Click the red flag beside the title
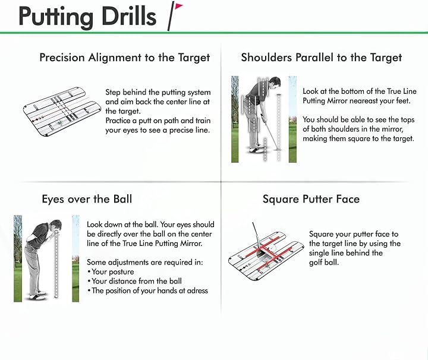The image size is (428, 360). tap(179, 6)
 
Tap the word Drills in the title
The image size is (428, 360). tap(128, 17)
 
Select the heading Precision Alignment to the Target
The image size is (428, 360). tap(124, 58)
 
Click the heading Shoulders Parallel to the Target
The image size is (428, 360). tap(321, 58)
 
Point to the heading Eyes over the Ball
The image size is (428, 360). tap(87, 199)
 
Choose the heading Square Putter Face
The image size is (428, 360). tap(311, 199)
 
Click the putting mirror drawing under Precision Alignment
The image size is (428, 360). tap(62, 111)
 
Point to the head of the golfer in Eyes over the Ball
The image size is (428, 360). tap(56, 226)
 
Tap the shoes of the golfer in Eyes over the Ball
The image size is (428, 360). tap(38, 296)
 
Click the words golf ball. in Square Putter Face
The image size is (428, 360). tap(324, 263)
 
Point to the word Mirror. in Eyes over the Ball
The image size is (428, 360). tap(191, 244)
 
